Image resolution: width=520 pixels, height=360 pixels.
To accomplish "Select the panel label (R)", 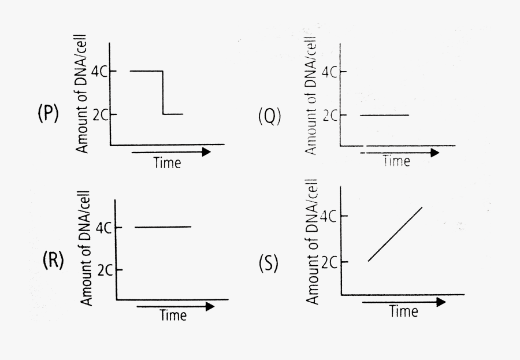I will click(x=53, y=261).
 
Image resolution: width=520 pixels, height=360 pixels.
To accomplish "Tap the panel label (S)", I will click(x=269, y=263).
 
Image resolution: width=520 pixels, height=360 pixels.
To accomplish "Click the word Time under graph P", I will click(x=167, y=163).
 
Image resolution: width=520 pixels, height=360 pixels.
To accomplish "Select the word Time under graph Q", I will click(x=396, y=161).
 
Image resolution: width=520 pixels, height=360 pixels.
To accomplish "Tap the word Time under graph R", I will click(x=173, y=316).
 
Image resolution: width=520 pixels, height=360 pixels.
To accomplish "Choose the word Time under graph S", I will click(x=403, y=312).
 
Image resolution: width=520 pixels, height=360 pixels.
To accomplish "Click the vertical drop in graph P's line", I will click(x=163, y=92).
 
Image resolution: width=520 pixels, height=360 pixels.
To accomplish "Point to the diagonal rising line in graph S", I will click(x=395, y=234).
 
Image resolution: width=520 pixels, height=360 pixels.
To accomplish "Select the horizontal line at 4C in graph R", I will click(x=163, y=227).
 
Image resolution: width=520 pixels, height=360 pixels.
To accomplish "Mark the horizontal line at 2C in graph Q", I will click(x=384, y=115).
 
